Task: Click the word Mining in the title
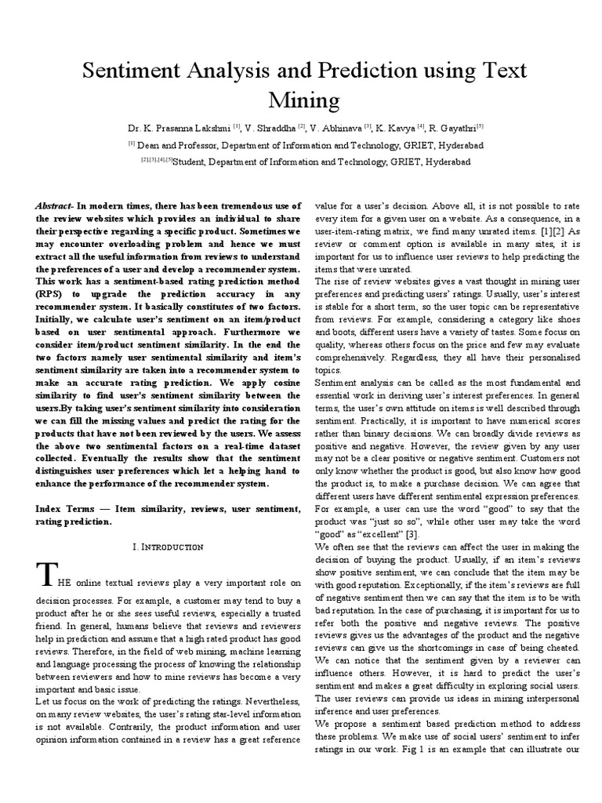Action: tap(301, 100)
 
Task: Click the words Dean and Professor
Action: tap(178, 145)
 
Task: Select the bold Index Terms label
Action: tap(65, 510)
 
